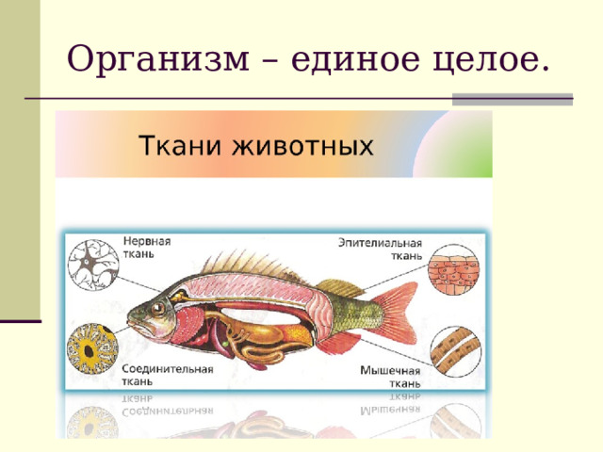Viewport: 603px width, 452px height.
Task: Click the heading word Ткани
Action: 179,147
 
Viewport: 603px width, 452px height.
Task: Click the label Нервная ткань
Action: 144,246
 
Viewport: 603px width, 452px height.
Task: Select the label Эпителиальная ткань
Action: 381,249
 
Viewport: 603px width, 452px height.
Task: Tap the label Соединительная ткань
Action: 167,375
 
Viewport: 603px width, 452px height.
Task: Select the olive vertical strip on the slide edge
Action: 19,160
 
